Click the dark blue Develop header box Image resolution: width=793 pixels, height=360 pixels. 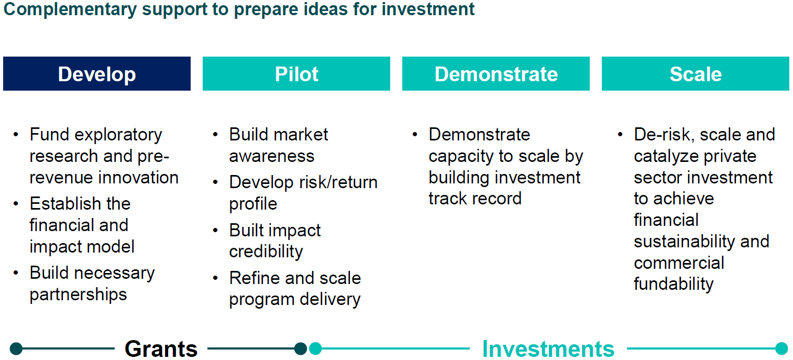point(97,74)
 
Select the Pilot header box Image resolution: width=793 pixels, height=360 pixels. point(296,74)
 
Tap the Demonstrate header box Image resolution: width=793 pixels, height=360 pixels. point(496,74)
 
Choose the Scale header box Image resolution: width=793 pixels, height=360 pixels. point(696,74)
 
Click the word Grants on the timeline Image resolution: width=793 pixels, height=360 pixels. point(161,349)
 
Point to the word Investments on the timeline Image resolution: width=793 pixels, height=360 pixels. point(548,349)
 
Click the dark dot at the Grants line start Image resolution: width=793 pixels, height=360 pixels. point(16,348)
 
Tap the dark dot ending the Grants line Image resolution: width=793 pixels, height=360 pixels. point(301,348)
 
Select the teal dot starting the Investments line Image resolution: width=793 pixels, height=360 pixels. point(315,348)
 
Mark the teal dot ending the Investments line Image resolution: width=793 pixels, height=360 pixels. point(781,348)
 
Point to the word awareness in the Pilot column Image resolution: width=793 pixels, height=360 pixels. point(272,156)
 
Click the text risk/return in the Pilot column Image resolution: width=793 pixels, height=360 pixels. point(339,183)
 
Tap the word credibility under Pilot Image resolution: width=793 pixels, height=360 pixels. point(266,252)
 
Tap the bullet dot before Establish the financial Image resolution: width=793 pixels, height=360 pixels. point(16,204)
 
